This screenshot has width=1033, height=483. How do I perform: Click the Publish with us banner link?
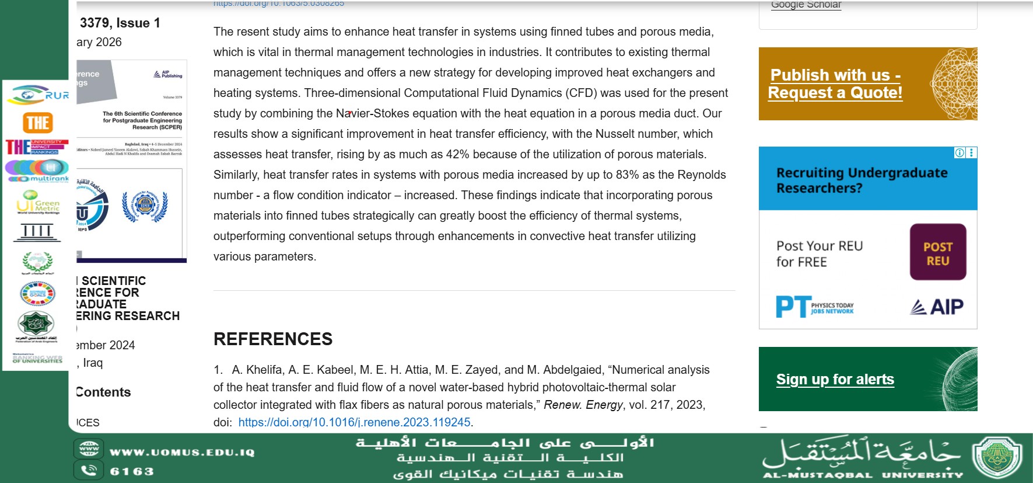pyautogui.click(x=835, y=84)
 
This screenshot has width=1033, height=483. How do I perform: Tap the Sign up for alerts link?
pyautogui.click(x=835, y=380)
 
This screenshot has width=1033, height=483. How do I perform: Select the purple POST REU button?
pyautogui.click(x=937, y=252)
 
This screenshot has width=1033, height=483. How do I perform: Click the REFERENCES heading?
pyautogui.click(x=273, y=339)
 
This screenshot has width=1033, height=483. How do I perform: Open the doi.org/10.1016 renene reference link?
pyautogui.click(x=354, y=422)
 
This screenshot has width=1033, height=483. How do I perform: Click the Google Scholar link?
pyautogui.click(x=806, y=5)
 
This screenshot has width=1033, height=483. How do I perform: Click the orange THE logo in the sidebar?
pyautogui.click(x=38, y=123)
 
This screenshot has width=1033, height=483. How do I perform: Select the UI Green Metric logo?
pyautogui.click(x=38, y=203)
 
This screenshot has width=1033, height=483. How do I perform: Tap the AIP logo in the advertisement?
pyautogui.click(x=937, y=307)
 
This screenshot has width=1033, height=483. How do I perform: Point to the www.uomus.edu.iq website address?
pyautogui.click(x=182, y=453)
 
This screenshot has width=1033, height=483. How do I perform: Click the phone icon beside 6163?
pyautogui.click(x=89, y=470)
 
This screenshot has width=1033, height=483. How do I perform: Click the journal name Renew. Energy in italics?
pyautogui.click(x=583, y=405)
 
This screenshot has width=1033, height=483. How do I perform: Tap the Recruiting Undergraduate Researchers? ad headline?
pyautogui.click(x=862, y=180)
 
